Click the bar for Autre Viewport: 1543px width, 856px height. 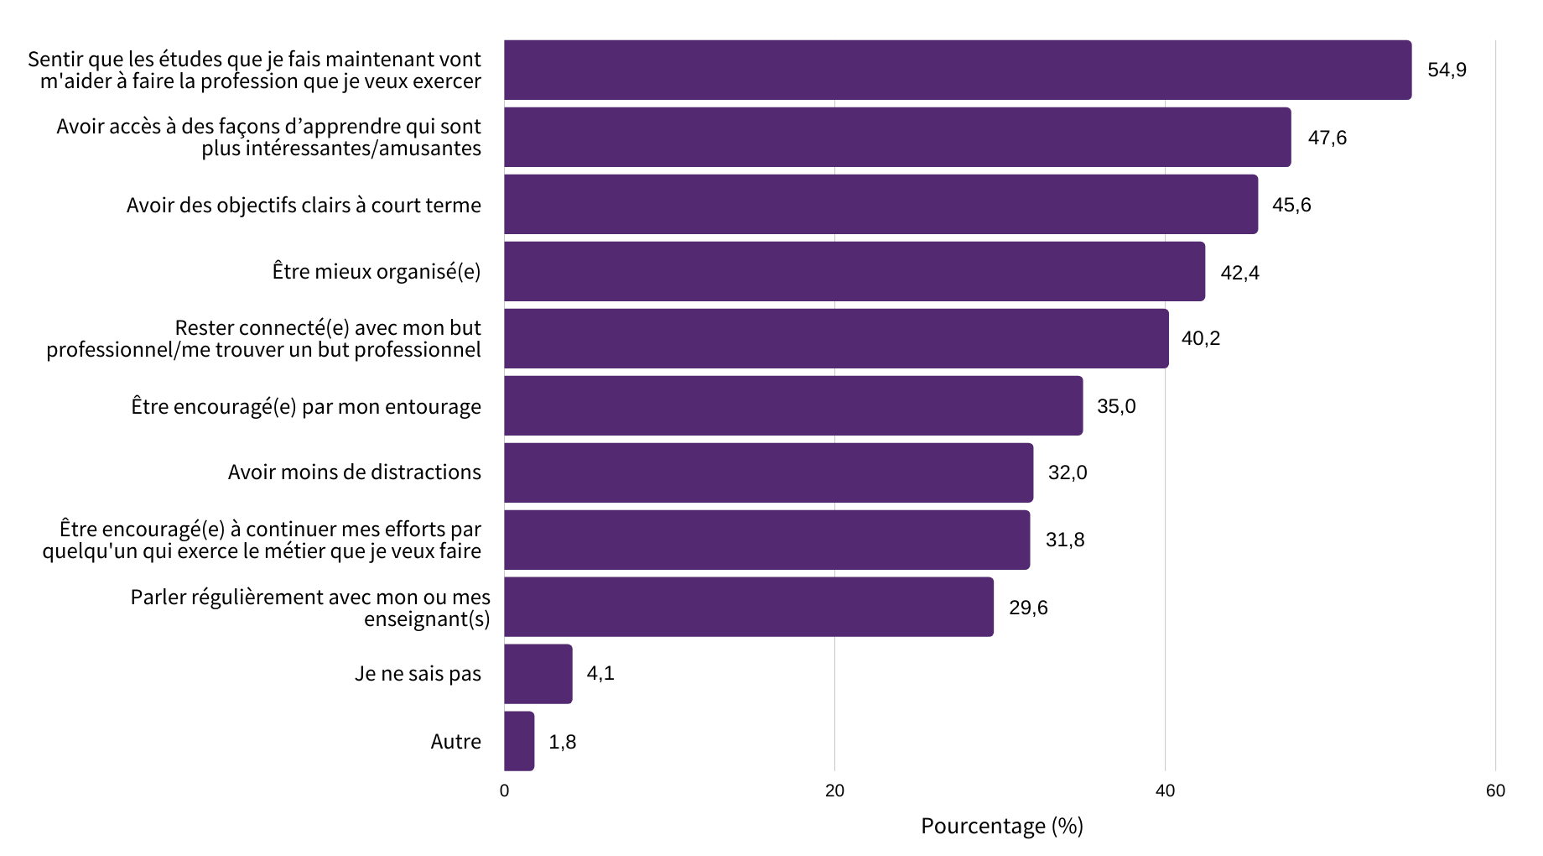(x=519, y=741)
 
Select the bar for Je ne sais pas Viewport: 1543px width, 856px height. (x=538, y=674)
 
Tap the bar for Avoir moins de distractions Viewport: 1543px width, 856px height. (x=768, y=472)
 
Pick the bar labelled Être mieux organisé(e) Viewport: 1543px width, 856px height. (x=854, y=271)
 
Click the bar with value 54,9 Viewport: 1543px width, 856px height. (x=957, y=70)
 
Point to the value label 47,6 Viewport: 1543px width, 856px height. (x=1327, y=138)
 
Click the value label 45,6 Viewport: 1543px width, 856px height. (x=1291, y=205)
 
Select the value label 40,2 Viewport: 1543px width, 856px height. (x=1201, y=338)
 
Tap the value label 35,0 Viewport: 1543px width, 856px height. (x=1116, y=406)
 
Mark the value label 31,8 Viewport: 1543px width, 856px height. (x=1065, y=540)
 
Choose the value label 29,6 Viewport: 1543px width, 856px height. (x=1028, y=608)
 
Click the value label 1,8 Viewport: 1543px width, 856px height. (x=562, y=742)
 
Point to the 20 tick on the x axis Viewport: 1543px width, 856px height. (x=834, y=791)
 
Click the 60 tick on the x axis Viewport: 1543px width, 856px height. (x=1495, y=791)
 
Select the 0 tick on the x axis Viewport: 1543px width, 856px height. (x=504, y=791)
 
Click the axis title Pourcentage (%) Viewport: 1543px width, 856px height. (x=1002, y=826)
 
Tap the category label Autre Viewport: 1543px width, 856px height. (x=455, y=742)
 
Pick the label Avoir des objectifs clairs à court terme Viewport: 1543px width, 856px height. (x=304, y=206)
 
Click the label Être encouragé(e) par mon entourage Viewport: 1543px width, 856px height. (x=306, y=407)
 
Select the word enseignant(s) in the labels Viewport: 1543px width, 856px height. (x=427, y=619)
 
